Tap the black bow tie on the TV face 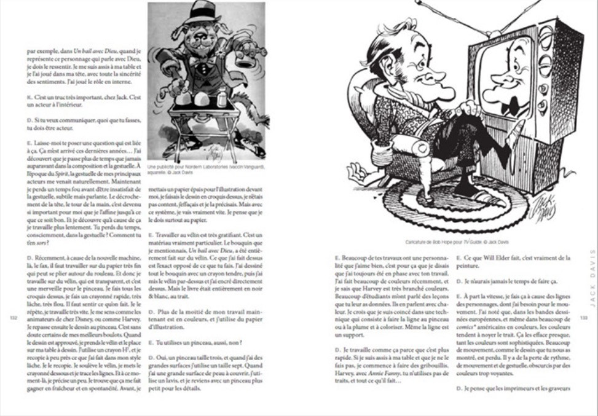pos(509,106)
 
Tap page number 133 pos(584,318)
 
